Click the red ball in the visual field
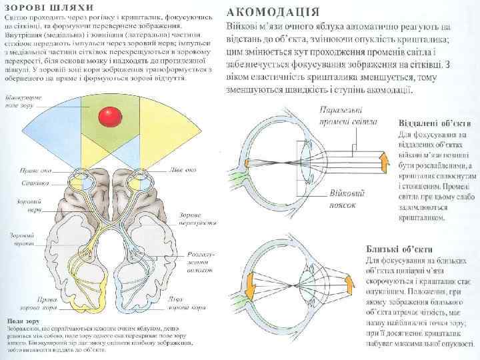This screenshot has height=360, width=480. (108, 117)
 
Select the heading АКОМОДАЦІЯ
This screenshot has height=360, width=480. (275, 11)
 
